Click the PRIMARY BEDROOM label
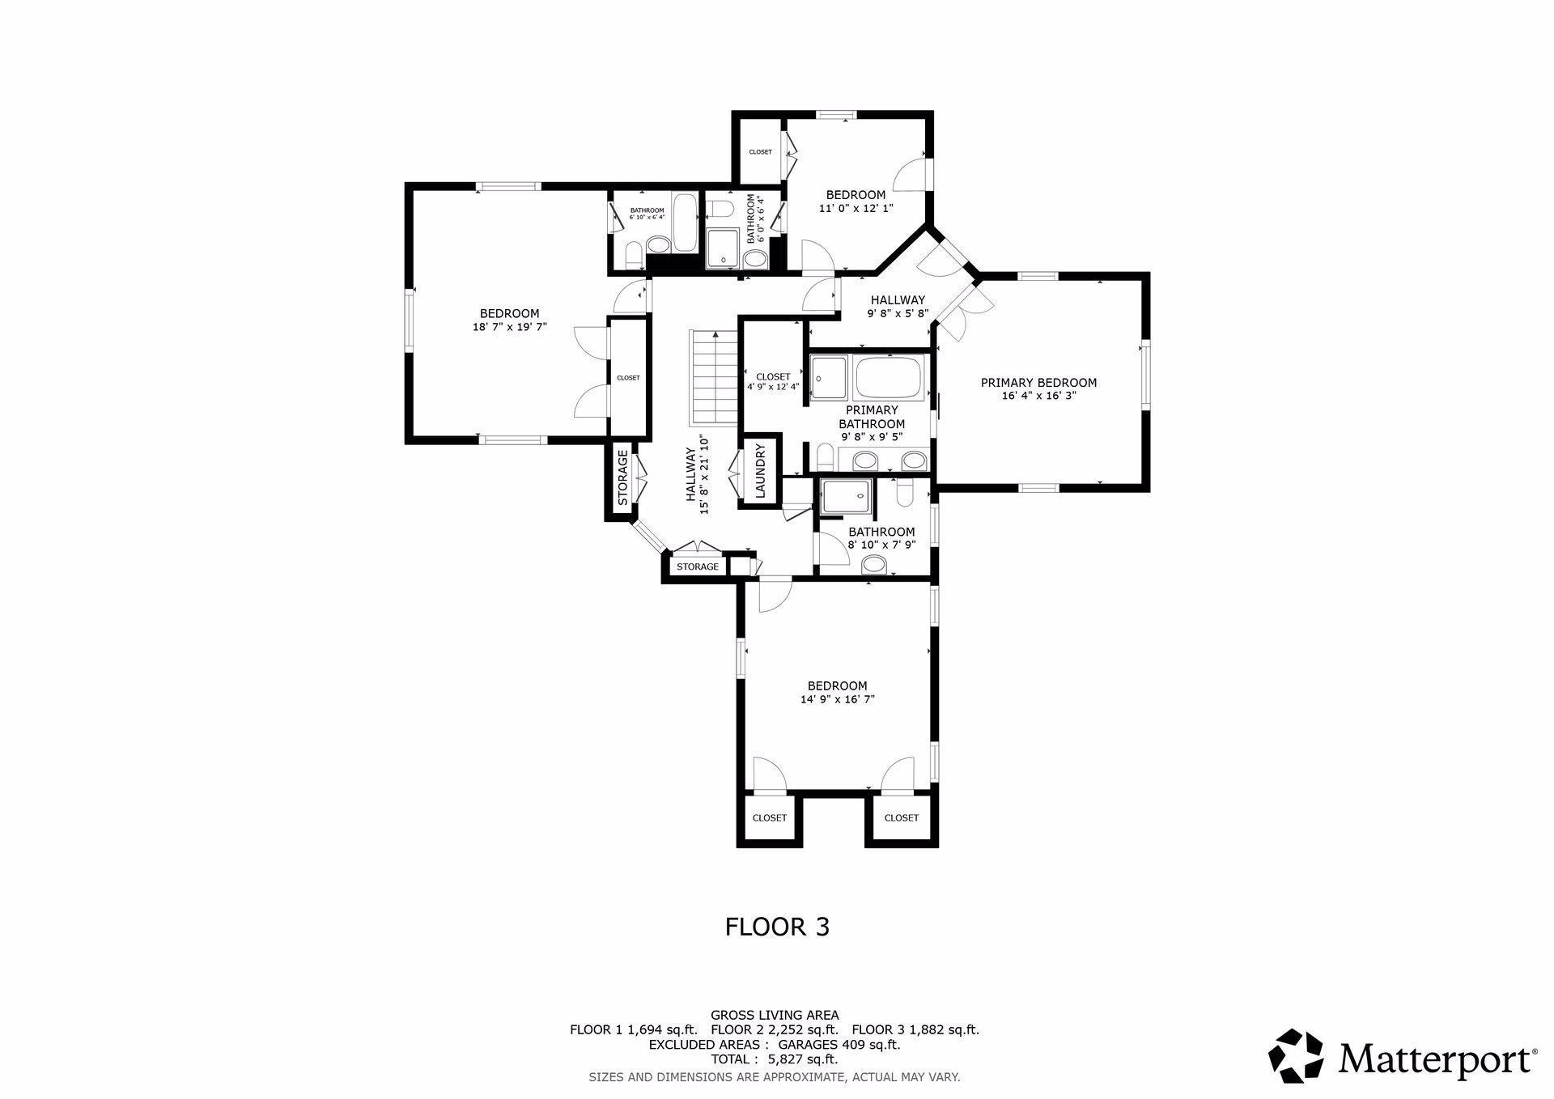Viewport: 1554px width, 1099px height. pyautogui.click(x=1038, y=383)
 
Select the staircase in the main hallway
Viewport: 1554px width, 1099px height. pyautogui.click(x=712, y=377)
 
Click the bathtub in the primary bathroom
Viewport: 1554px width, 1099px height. pyautogui.click(x=889, y=378)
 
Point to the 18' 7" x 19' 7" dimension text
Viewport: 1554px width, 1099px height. pyautogui.click(x=509, y=327)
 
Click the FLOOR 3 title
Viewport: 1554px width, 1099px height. pyautogui.click(x=777, y=927)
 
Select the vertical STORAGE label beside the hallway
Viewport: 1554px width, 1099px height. pyautogui.click(x=622, y=478)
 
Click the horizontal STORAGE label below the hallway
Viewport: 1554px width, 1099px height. pyautogui.click(x=698, y=566)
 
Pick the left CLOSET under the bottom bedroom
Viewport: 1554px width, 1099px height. pyautogui.click(x=769, y=818)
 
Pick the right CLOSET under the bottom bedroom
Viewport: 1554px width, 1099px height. pyautogui.click(x=901, y=818)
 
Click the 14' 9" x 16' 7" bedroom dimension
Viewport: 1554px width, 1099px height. pyautogui.click(x=837, y=699)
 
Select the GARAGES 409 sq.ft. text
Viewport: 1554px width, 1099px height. pyautogui.click(x=839, y=1044)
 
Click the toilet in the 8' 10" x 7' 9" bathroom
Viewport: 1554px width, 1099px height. pyautogui.click(x=905, y=492)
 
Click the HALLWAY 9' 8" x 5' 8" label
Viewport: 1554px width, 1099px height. pyautogui.click(x=897, y=306)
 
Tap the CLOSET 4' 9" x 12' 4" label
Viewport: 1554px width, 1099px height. pyautogui.click(x=773, y=381)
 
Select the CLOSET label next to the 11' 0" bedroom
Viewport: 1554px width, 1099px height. pyautogui.click(x=760, y=152)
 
